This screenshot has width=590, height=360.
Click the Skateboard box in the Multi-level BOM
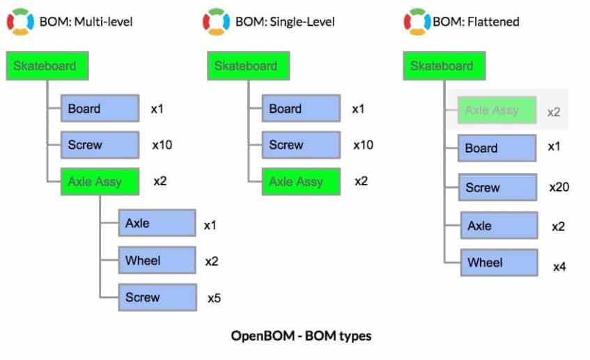47,66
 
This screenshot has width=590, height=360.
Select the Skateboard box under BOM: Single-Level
249,66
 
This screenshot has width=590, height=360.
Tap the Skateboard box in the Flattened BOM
444,66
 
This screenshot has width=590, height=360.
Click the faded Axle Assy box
497,110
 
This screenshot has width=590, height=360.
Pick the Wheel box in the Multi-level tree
157,260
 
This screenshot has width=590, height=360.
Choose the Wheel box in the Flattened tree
499,263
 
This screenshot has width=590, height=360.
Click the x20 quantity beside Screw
559,187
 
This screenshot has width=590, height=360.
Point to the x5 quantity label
214,298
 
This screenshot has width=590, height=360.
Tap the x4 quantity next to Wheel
559,267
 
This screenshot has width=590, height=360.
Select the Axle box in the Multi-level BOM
157,223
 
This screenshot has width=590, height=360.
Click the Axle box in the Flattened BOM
499,226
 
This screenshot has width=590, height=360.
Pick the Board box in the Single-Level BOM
301,109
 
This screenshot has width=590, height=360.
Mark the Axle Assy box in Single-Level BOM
301,182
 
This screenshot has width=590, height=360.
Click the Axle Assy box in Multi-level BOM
100,182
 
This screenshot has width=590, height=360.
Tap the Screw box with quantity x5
157,297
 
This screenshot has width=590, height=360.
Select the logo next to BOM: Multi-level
20,22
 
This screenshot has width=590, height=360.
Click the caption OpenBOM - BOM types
301,336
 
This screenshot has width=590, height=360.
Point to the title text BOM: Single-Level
285,22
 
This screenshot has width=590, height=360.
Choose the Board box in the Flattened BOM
497,148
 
